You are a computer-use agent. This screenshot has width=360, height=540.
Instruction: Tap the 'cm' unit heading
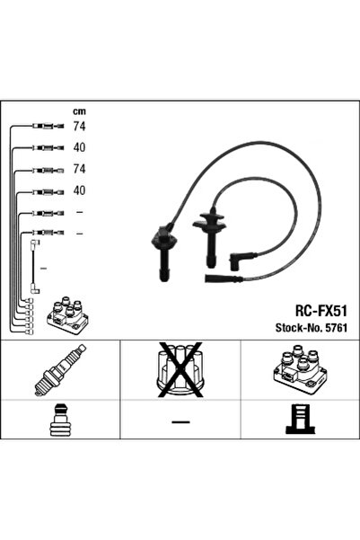[79, 111]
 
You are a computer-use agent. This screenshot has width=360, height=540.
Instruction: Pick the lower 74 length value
[79, 169]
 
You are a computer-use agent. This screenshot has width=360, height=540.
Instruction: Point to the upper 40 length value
[79, 147]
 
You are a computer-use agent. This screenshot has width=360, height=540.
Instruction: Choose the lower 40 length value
[79, 190]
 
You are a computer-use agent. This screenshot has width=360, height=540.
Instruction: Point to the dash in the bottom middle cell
[180, 421]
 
